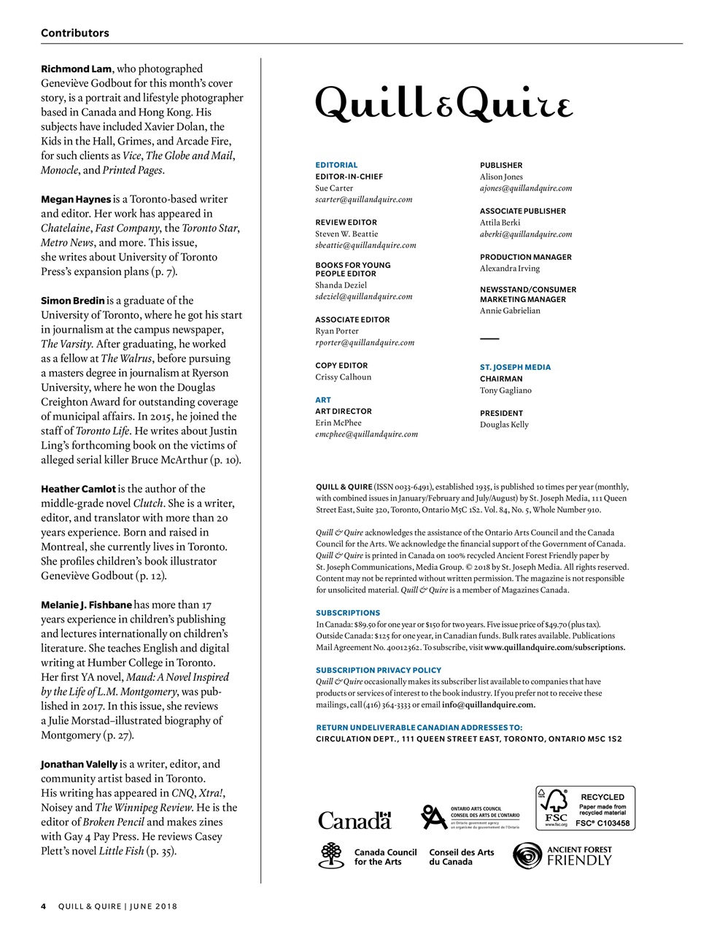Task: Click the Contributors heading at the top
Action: click(75, 33)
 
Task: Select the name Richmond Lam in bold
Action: click(76, 69)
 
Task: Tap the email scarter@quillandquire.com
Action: click(363, 199)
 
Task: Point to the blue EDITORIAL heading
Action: click(336, 165)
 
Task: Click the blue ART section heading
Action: click(322, 400)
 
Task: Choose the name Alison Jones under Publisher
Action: click(500, 177)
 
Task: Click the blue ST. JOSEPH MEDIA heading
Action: click(515, 367)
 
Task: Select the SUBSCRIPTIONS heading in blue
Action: click(348, 613)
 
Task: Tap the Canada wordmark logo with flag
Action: click(354, 820)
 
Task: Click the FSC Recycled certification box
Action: click(585, 808)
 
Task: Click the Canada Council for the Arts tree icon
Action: click(331, 856)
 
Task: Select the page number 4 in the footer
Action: click(44, 906)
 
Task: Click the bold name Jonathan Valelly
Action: click(79, 764)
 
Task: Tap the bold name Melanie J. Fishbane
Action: click(86, 604)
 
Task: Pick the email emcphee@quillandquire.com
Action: click(366, 434)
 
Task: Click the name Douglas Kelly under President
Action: click(504, 425)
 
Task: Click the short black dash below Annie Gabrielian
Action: click(489, 339)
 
